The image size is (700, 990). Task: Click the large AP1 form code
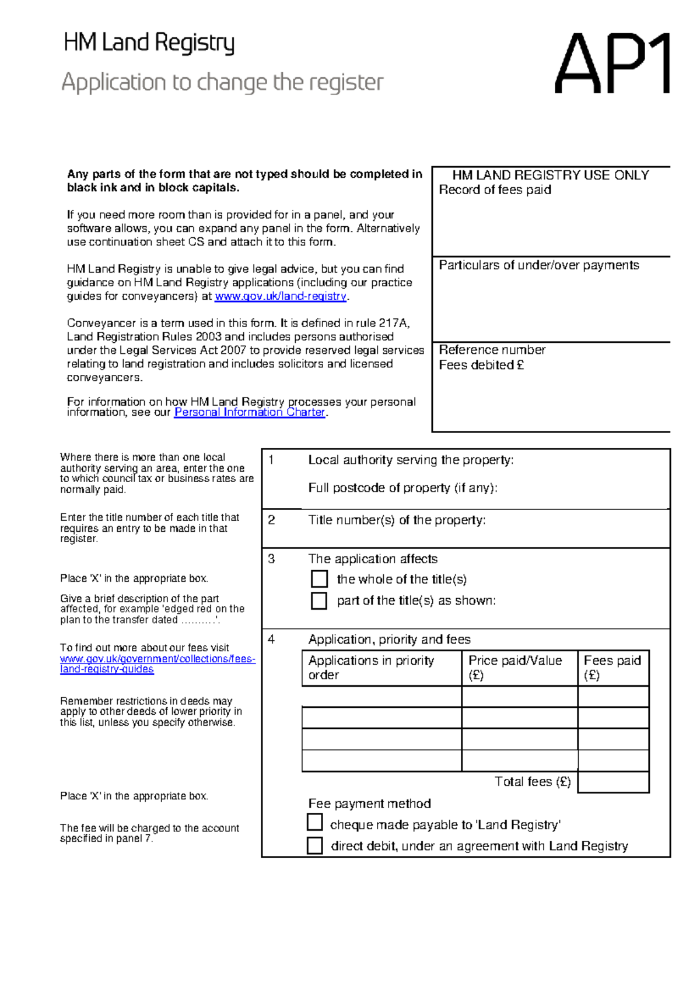coord(612,64)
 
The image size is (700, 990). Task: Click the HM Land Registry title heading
coord(149,43)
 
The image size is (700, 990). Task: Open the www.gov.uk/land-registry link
coord(281,296)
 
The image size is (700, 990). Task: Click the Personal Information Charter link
coord(250,412)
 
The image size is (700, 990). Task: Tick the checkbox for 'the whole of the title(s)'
coord(319,579)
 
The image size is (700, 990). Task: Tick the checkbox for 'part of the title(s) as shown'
coord(319,601)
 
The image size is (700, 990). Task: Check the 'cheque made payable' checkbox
coord(315,822)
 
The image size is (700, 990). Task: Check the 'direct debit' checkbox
coord(315,845)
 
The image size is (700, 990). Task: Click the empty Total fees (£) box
coord(613,782)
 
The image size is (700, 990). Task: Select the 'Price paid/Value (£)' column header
coord(515,668)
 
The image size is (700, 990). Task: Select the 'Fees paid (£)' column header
coord(612,668)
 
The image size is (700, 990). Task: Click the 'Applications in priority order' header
coord(371,668)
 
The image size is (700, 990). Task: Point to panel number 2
coord(271,520)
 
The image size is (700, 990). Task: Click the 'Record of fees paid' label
coord(495,190)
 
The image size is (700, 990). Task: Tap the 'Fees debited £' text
coord(481,365)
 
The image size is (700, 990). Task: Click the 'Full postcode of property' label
coord(402,488)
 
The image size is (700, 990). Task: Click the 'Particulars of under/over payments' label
coord(538,265)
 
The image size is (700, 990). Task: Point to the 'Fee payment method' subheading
coord(369,803)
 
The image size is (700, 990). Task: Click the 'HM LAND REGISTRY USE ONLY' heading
coord(550,175)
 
